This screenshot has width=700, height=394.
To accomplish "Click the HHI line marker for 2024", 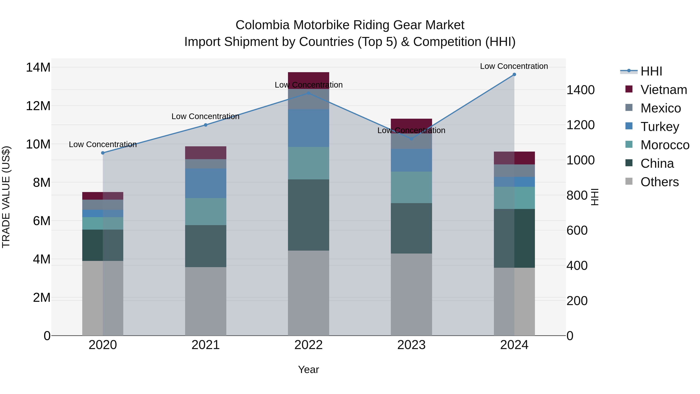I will pos(514,75).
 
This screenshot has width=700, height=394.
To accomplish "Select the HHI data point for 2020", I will pos(103,153).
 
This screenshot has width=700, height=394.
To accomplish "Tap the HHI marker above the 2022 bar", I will pos(308,93).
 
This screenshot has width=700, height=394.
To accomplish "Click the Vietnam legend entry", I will pos(663,90).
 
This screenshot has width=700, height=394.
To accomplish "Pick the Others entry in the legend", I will pos(660,182).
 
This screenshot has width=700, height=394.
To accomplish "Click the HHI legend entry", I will pos(651,71).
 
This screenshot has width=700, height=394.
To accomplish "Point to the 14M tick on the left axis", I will pos(38,68).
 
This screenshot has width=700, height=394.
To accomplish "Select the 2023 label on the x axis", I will pos(411,345).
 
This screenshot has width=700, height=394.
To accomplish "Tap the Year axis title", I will pos(308,369).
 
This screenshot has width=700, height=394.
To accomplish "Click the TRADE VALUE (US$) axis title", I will pos(6,197).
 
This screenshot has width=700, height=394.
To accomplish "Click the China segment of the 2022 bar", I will pos(308,215).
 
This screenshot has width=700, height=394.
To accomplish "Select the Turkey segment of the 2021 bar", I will pos(206,183).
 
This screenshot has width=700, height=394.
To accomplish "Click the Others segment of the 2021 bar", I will pos(206,301).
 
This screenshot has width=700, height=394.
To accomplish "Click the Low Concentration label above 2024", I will pos(514,66).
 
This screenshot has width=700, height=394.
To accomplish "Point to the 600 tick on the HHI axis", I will pos(577,231).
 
